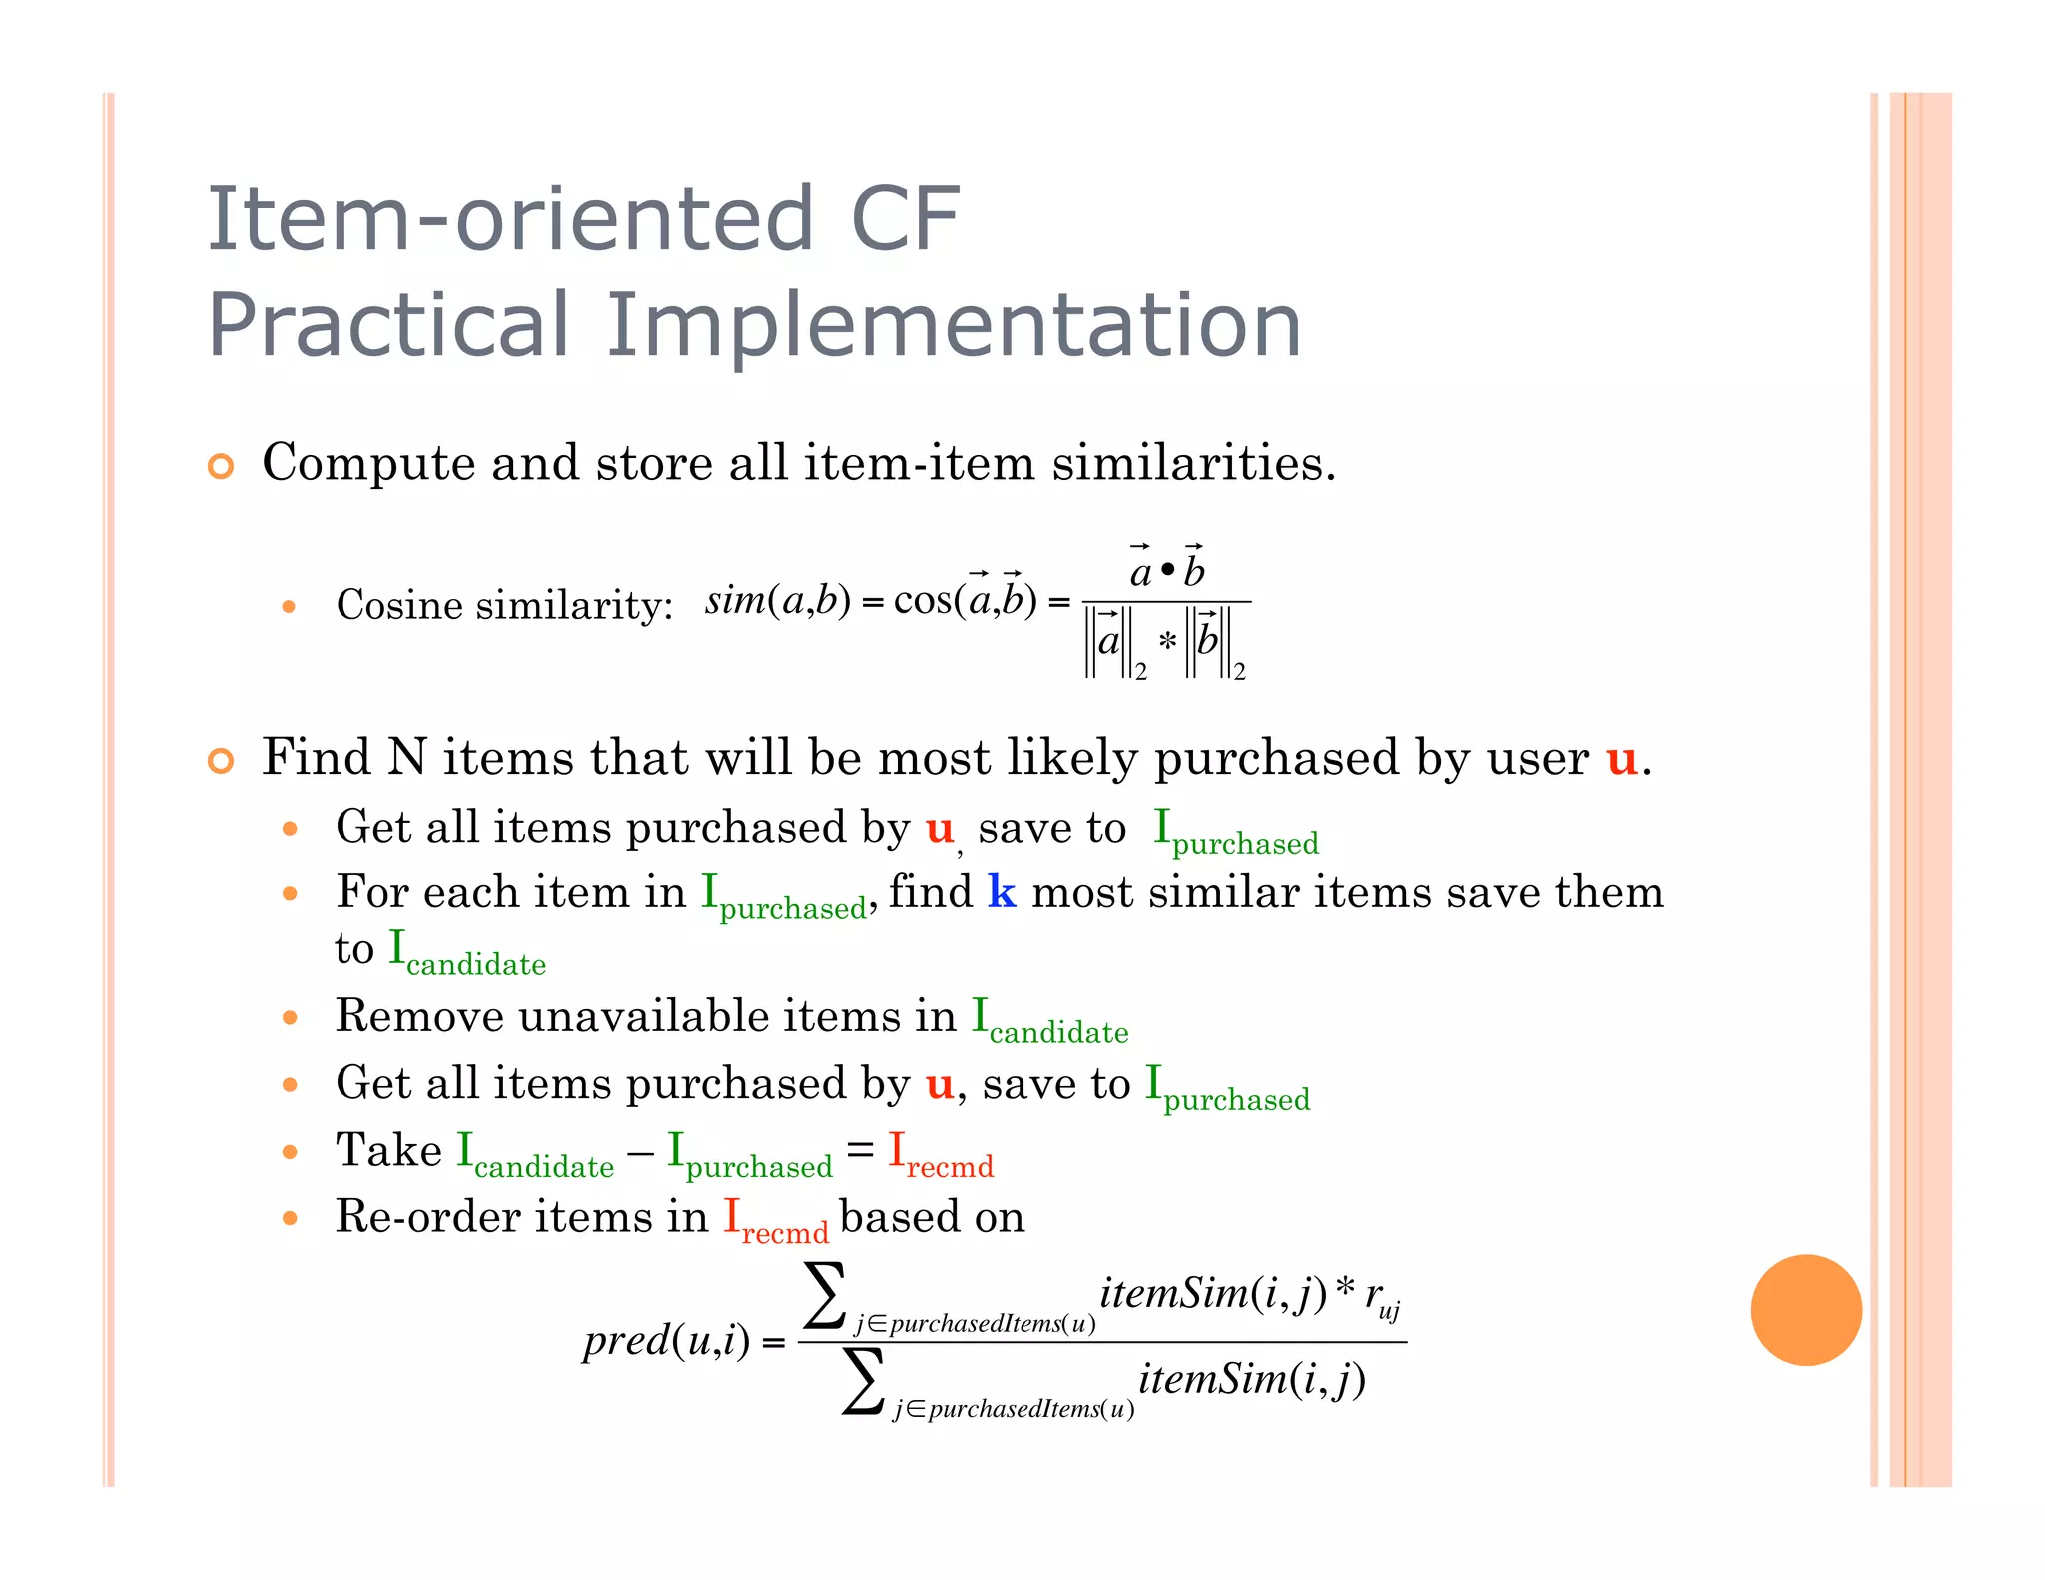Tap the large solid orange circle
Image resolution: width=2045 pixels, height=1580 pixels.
pyautogui.click(x=1805, y=1309)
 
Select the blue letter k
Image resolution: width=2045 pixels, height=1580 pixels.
pyautogui.click(x=1002, y=892)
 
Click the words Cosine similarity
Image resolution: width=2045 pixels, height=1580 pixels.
pyautogui.click(x=504, y=605)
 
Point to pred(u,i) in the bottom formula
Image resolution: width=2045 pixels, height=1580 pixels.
pyautogui.click(x=666, y=1341)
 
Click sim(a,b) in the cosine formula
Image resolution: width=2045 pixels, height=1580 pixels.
pyautogui.click(x=777, y=600)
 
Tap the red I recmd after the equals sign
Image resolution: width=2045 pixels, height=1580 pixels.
pyautogui.click(x=940, y=1155)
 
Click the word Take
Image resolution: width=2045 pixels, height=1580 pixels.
pyautogui.click(x=388, y=1150)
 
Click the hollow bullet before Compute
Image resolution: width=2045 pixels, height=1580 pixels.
pyautogui.click(x=221, y=466)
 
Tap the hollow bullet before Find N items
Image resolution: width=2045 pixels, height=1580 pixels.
pyautogui.click(x=221, y=761)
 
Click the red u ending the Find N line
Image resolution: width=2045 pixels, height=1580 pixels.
pyautogui.click(x=1621, y=759)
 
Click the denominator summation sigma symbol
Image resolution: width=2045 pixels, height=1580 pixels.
pyautogui.click(x=863, y=1381)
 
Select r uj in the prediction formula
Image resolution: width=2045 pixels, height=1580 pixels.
pyautogui.click(x=1383, y=1298)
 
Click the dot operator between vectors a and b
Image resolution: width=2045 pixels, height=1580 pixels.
pyautogui.click(x=1167, y=572)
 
